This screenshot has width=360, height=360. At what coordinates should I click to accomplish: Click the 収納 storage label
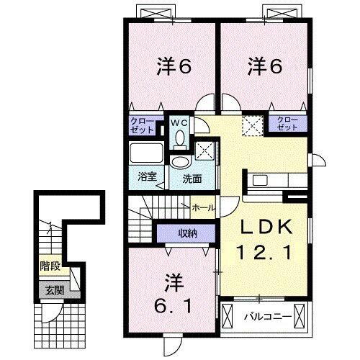pos(188,233)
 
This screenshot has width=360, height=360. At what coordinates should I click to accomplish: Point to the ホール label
pos(203,207)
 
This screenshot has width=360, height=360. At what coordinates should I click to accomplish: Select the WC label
pos(179,122)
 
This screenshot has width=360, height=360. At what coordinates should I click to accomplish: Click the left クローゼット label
pos(141,126)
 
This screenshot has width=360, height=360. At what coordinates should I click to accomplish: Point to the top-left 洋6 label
pos(174,68)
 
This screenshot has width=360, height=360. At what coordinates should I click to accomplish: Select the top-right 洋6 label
pos(264,68)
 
